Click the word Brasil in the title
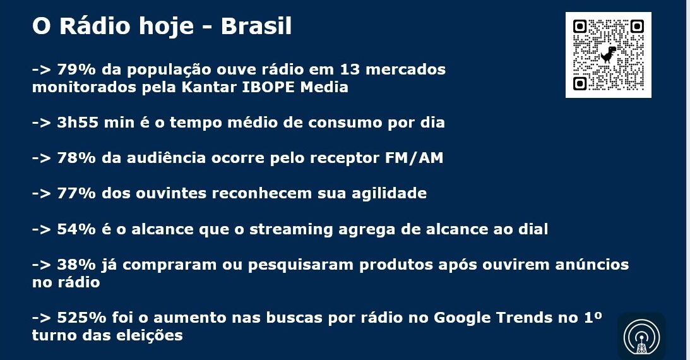tap(256, 26)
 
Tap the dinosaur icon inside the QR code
tap(609, 54)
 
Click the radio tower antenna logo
tap(641, 337)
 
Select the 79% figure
tap(76, 69)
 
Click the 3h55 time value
tap(78, 123)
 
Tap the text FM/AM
tap(414, 158)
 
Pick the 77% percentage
tap(76, 193)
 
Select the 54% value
tap(76, 229)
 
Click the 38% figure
tap(76, 265)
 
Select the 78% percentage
tap(76, 158)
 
